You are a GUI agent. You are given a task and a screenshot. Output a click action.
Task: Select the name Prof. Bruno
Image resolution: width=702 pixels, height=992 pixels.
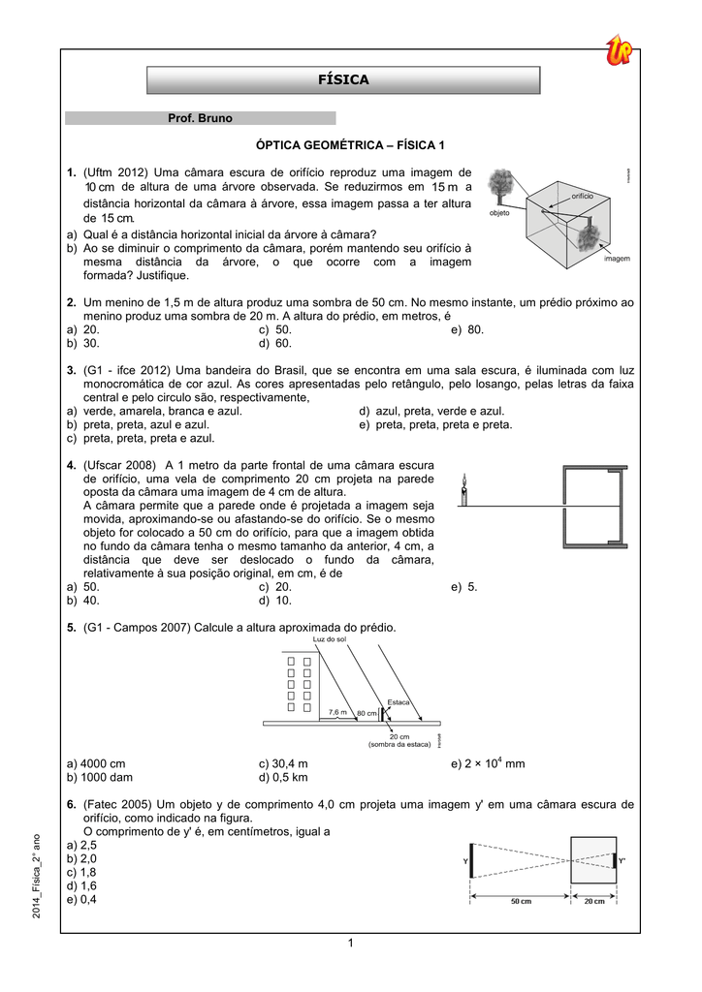[201, 118]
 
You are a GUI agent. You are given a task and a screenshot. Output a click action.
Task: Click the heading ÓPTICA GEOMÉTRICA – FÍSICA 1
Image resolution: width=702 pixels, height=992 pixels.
[349, 145]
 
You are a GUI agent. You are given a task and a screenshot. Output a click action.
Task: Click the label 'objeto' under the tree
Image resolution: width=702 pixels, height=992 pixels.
[499, 212]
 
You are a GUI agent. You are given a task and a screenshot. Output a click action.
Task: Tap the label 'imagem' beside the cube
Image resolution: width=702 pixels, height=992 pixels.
[617, 260]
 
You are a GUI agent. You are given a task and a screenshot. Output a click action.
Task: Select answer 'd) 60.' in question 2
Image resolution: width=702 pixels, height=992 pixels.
[275, 343]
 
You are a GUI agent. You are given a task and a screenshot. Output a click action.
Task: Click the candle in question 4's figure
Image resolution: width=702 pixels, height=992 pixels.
[464, 490]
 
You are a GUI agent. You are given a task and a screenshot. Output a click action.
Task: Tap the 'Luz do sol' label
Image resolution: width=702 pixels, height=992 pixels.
[330, 640]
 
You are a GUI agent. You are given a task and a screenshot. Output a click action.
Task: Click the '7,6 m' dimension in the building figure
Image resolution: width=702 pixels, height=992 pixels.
[337, 712]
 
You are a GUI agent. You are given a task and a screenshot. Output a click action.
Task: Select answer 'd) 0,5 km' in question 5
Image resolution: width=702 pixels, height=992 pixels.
[282, 778]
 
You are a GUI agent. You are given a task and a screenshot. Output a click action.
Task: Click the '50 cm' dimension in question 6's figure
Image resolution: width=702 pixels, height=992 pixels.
[521, 901]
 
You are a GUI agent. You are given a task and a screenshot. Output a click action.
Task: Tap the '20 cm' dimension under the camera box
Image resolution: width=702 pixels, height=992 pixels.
[593, 901]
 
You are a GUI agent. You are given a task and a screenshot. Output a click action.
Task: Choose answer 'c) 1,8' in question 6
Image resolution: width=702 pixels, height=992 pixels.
[81, 872]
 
